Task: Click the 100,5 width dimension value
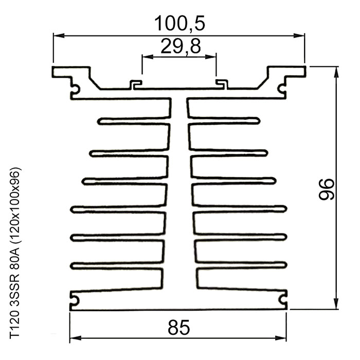[x=179, y=24]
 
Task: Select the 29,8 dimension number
[x=181, y=46]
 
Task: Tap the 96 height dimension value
[x=326, y=189]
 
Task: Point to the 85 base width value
[x=179, y=328]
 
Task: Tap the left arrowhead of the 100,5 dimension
[x=59, y=35]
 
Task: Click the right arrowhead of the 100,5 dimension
[x=299, y=35]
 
